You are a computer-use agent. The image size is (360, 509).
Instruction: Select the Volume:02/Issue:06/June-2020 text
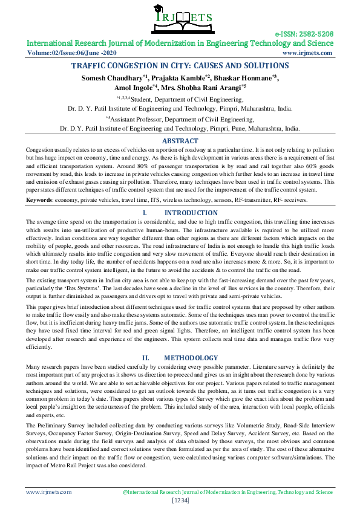coord(64,53)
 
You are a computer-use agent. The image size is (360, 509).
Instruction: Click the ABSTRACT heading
coord(180,141)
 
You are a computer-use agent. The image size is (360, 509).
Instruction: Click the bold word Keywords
coord(39,199)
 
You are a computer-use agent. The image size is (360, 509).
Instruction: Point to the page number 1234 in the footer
coord(180,501)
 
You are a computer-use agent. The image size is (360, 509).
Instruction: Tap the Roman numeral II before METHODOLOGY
coord(145,358)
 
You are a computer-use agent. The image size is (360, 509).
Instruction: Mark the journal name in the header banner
coord(180,44)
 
